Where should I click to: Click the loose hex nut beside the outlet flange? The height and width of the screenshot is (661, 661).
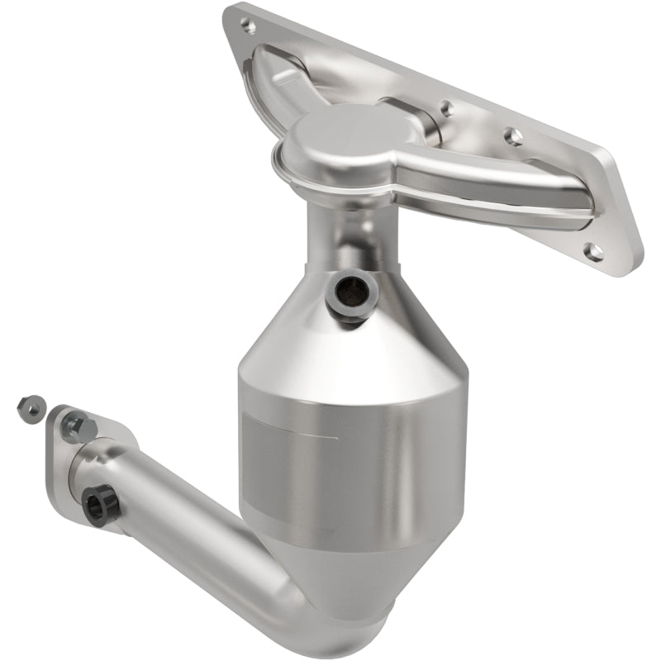click(x=26, y=405)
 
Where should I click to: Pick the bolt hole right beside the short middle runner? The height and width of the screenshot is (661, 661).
click(x=446, y=107)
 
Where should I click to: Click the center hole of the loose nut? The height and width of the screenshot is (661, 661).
click(x=26, y=405)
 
